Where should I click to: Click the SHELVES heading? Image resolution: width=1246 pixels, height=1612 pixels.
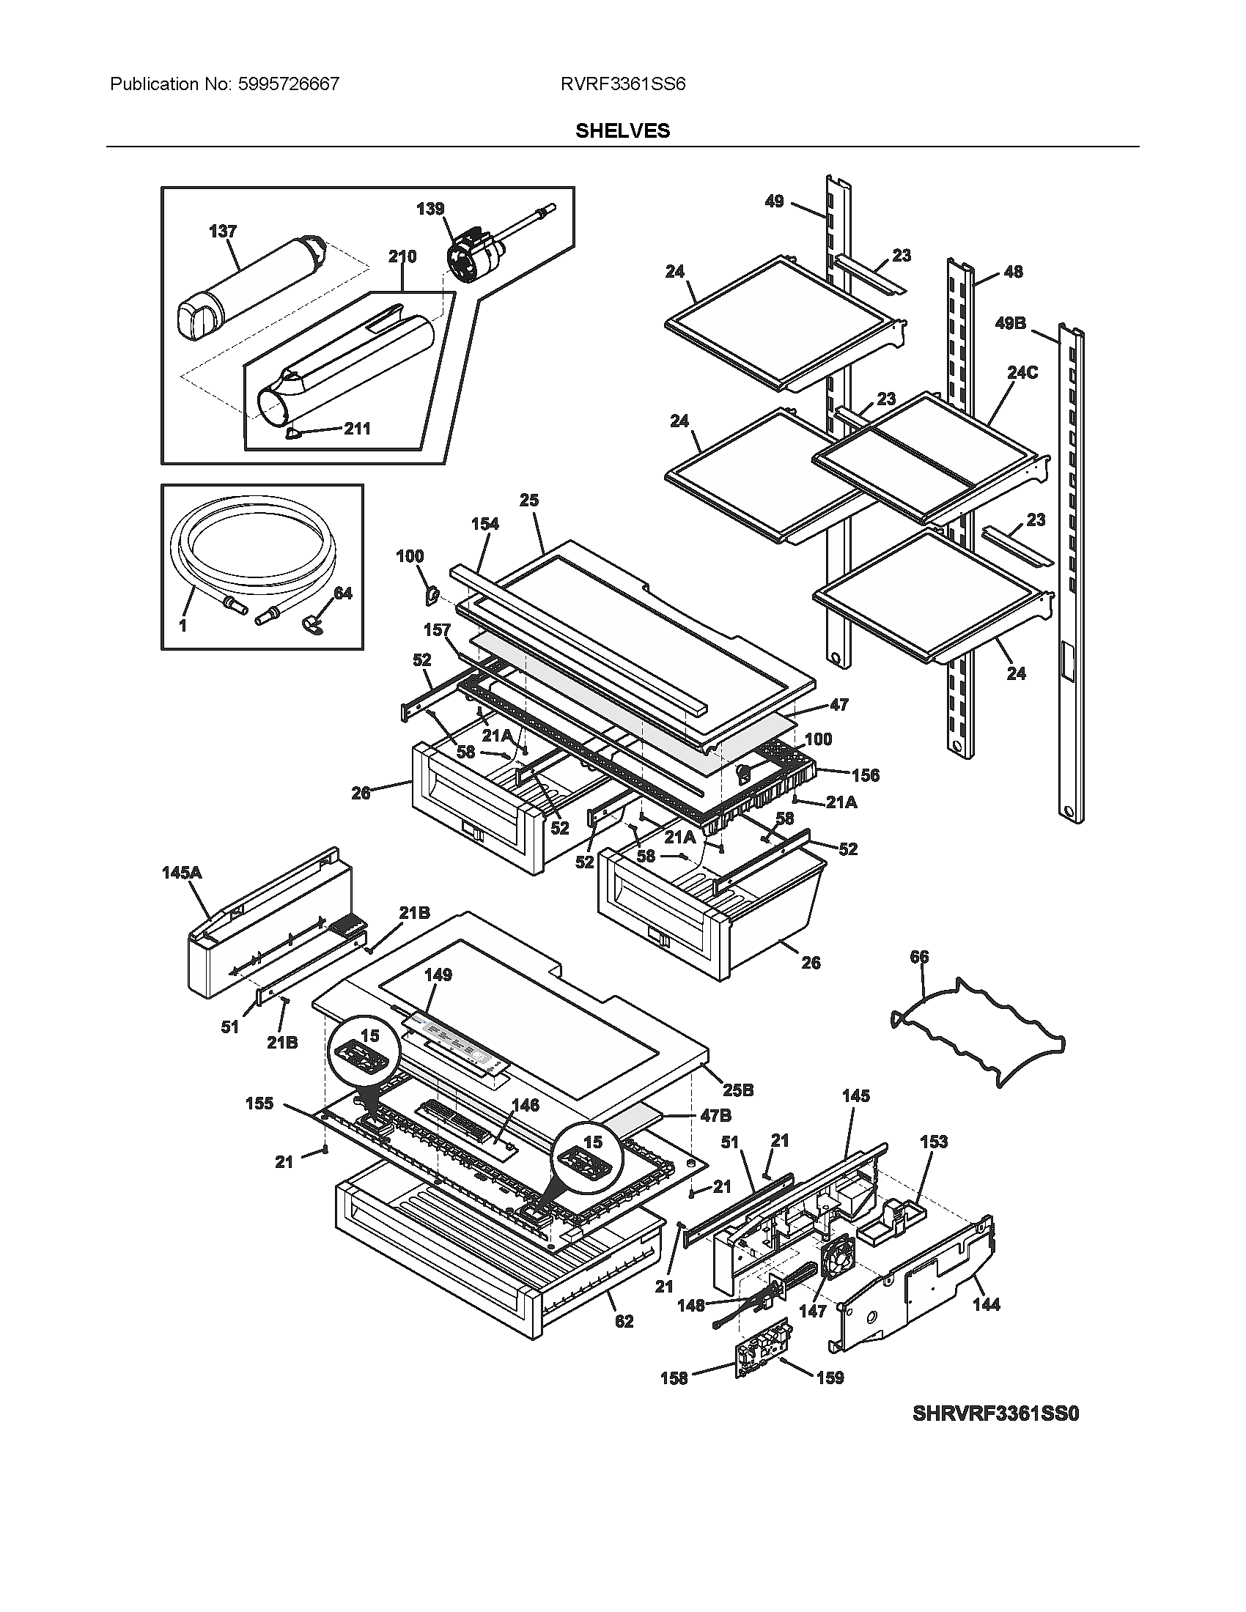622,130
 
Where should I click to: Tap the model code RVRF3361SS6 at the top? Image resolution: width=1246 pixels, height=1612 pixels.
622,84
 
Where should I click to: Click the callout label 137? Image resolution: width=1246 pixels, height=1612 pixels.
222,231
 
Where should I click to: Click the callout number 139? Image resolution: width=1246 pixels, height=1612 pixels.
430,209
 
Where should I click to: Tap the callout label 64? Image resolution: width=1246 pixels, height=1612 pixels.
342,593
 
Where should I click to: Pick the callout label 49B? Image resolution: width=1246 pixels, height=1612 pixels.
1011,323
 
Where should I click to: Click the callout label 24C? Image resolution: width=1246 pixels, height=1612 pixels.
1022,373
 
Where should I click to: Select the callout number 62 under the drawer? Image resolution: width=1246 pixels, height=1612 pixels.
624,1321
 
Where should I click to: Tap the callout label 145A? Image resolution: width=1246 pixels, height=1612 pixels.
181,873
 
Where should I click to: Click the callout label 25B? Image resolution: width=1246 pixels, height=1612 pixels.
737,1090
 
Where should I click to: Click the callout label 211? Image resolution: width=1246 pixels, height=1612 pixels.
357,429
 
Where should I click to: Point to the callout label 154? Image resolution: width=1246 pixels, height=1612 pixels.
484,524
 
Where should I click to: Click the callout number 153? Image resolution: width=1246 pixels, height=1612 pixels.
933,1142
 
